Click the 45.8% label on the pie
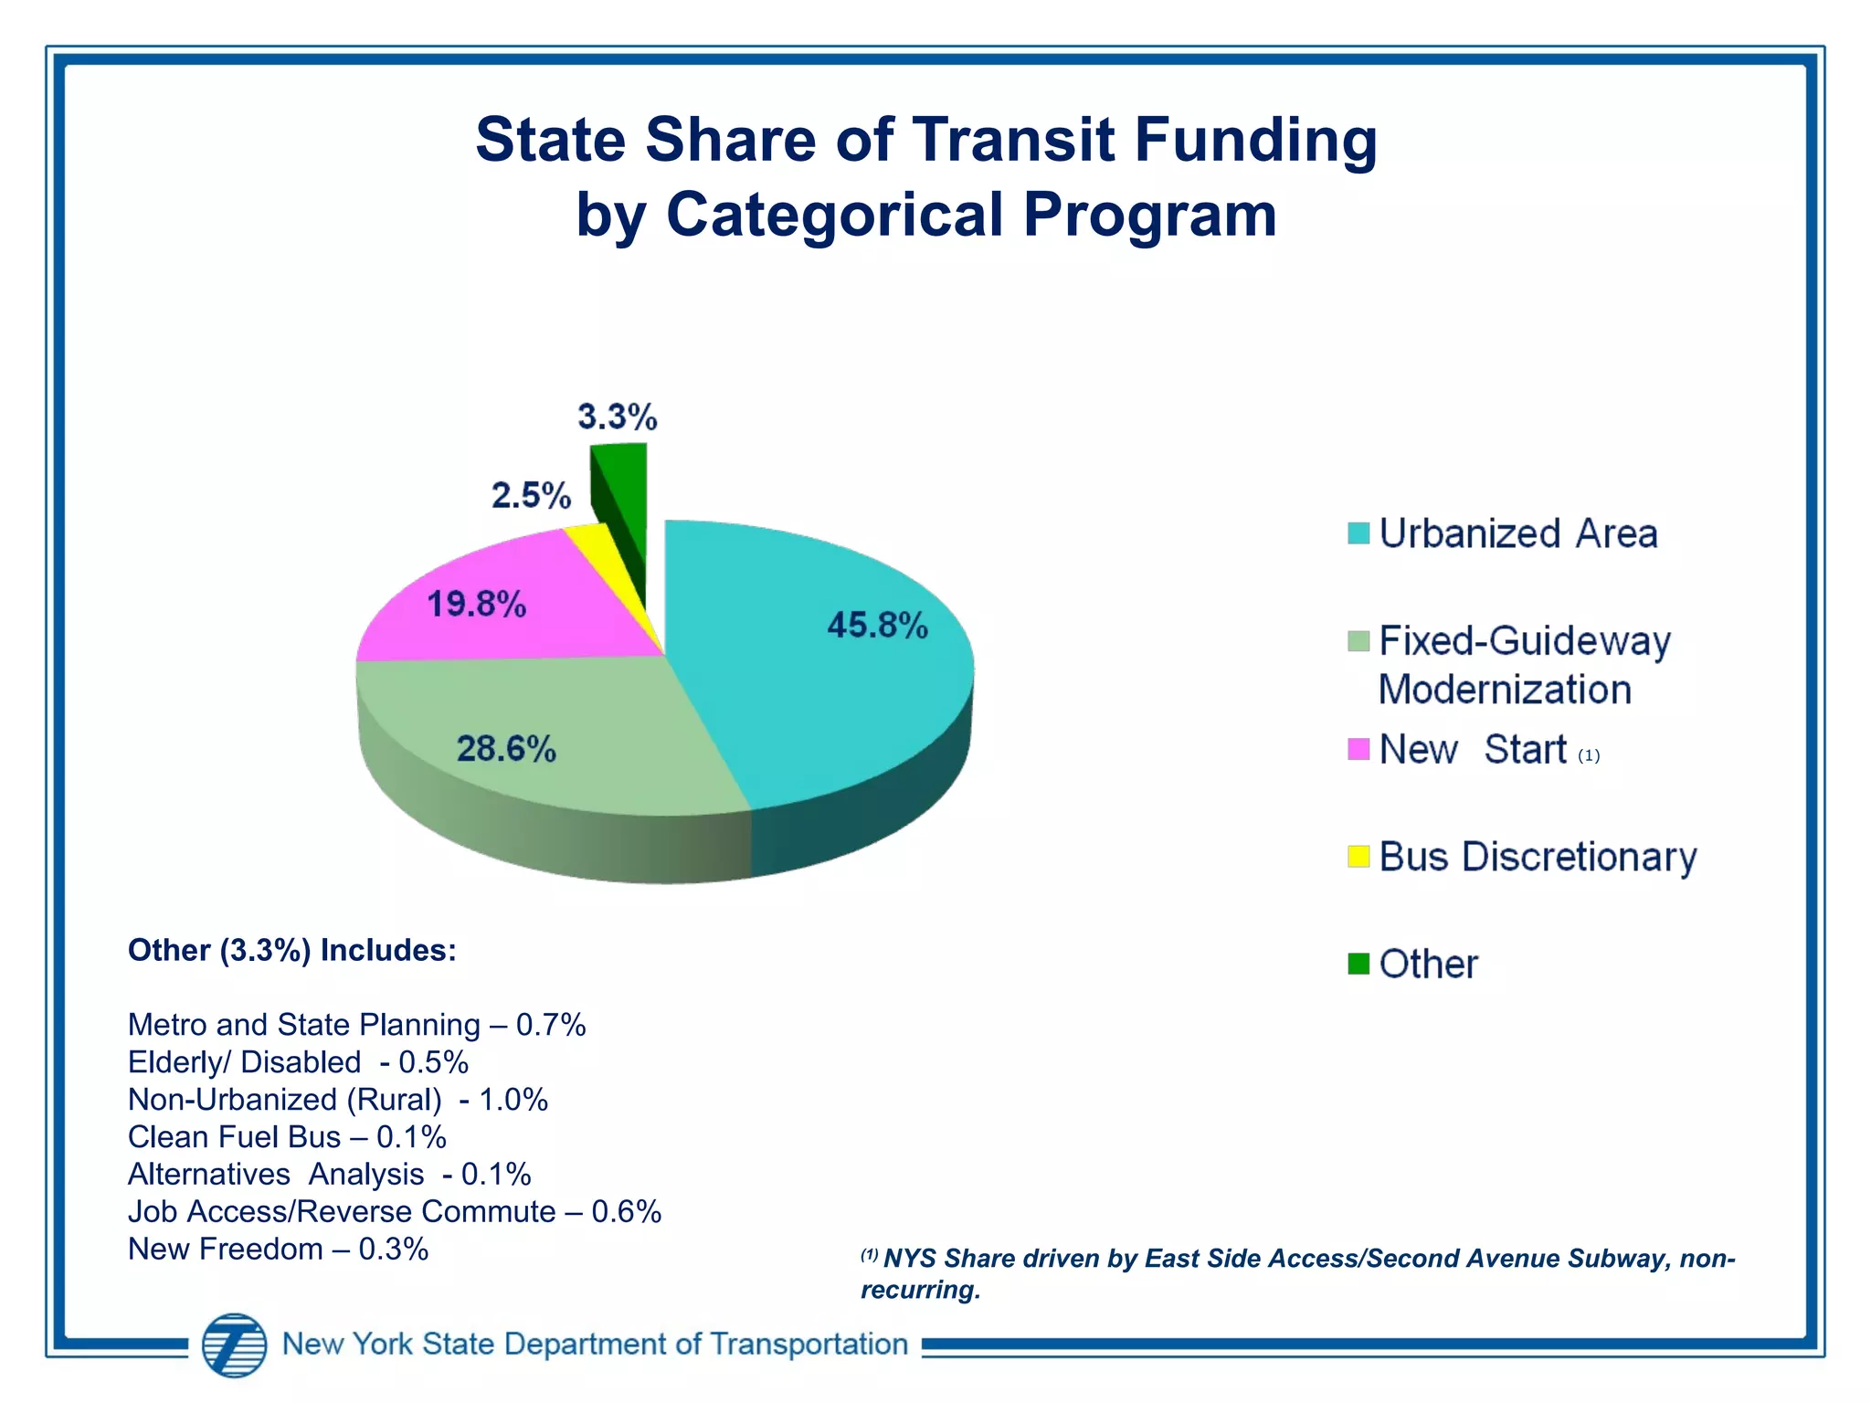tap(877, 626)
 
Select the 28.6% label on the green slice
tap(506, 749)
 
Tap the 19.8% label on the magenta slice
tap(477, 605)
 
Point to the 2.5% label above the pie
tap(531, 496)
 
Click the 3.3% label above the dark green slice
tap(618, 417)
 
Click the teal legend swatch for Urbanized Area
tap(1358, 533)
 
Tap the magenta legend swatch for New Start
tap(1358, 749)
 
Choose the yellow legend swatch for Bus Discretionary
tap(1358, 857)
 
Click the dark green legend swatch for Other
tap(1358, 964)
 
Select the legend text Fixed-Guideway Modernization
tap(1524, 665)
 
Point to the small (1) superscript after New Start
tap(1589, 755)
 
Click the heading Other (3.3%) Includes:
tap(292, 951)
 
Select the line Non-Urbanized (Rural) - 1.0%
tap(338, 1100)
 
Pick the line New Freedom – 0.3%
tap(278, 1250)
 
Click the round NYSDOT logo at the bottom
tap(235, 1345)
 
